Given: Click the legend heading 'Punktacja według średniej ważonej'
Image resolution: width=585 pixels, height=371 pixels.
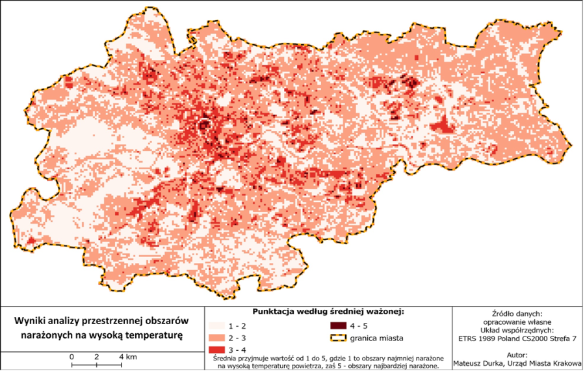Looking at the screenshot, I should (x=328, y=312).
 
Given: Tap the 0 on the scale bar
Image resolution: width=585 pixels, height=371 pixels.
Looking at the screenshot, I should (x=71, y=357).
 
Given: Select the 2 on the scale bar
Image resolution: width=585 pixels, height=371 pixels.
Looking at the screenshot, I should (x=96, y=357).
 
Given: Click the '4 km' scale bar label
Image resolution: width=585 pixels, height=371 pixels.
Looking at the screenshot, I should (x=127, y=357).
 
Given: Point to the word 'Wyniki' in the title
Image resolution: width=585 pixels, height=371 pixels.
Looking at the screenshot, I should (x=31, y=322).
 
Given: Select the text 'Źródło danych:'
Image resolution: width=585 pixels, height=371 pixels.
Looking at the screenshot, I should (x=517, y=314).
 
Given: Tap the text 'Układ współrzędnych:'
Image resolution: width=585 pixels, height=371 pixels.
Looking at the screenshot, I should (x=517, y=330).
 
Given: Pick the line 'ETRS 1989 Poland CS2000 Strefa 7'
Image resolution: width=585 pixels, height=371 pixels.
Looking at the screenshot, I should (x=517, y=338).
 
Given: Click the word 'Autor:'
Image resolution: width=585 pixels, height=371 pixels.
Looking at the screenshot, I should (x=517, y=357).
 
